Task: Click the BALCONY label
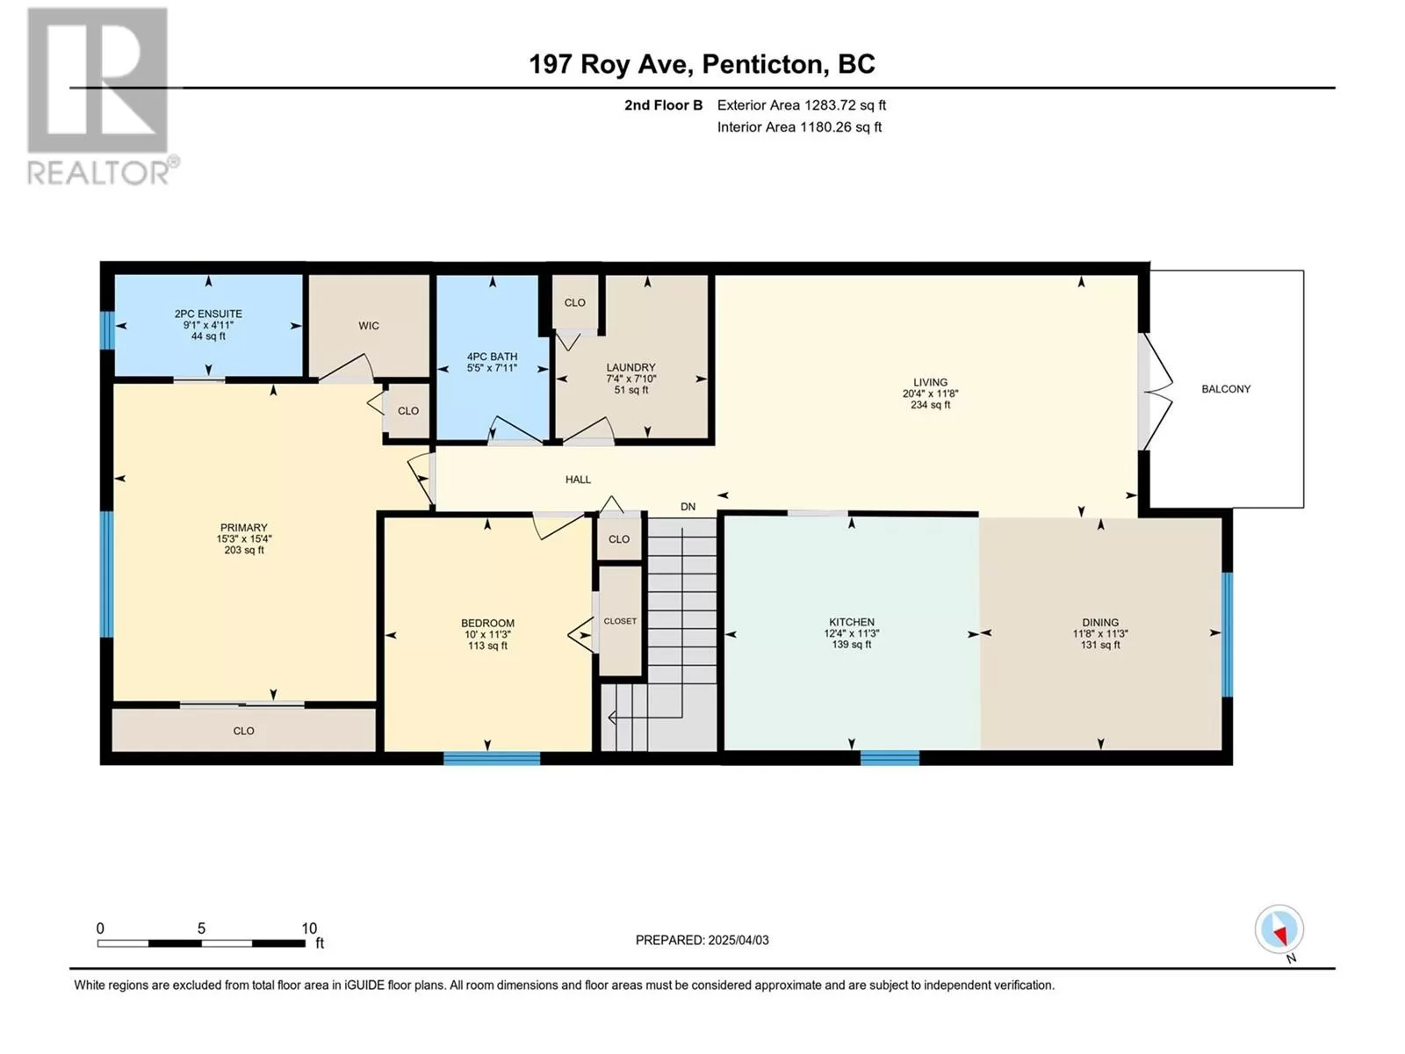tap(1225, 389)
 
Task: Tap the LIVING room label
tap(929, 383)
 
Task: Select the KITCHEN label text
tap(851, 622)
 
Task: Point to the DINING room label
tap(1099, 623)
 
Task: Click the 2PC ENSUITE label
tap(208, 314)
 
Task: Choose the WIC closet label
tap(368, 326)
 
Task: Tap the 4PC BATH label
tap(492, 357)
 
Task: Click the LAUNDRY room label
tap(630, 367)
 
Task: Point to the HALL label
tap(577, 480)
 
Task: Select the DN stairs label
tap(688, 507)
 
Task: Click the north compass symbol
tap(1279, 930)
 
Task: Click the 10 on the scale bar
tap(309, 928)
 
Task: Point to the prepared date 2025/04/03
tap(738, 940)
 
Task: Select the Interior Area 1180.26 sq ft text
tap(799, 127)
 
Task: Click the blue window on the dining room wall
tap(1227, 634)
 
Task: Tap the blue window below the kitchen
tap(889, 758)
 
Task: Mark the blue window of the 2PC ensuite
tap(107, 331)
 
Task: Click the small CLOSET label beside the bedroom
tap(620, 621)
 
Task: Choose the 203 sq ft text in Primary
tap(244, 551)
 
